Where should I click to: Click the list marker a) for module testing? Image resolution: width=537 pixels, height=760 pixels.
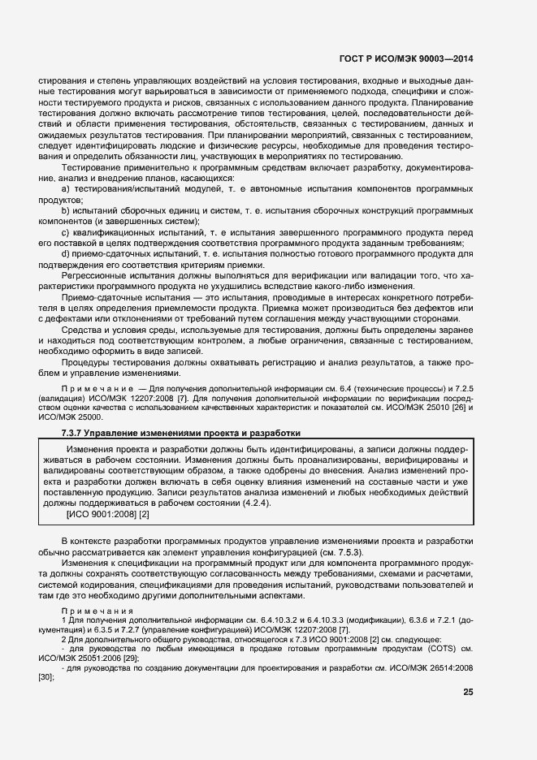point(66,188)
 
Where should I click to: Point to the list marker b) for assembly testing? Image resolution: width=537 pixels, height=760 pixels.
point(66,209)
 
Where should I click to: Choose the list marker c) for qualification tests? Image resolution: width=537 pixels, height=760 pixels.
point(66,231)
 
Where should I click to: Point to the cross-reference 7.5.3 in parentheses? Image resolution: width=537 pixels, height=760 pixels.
point(349,552)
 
